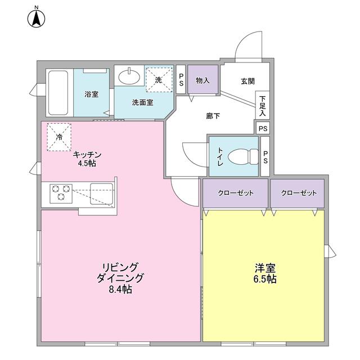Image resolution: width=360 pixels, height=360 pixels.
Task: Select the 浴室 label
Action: coord(91,93)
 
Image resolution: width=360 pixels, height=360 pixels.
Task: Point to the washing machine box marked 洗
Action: coord(158,80)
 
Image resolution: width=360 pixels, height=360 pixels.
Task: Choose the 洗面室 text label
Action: coord(142,103)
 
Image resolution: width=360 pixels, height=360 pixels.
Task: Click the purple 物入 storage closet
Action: coord(202,80)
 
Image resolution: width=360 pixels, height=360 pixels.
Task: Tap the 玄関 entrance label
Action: coord(247,81)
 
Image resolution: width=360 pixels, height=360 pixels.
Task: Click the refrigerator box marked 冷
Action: coord(59,137)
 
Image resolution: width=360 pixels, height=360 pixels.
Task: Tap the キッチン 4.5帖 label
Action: coord(87,159)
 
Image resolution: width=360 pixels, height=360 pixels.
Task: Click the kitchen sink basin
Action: coord(102,192)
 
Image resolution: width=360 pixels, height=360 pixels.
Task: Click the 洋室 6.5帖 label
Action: coord(264,273)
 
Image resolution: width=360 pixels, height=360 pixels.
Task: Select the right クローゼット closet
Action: coord(298,193)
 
